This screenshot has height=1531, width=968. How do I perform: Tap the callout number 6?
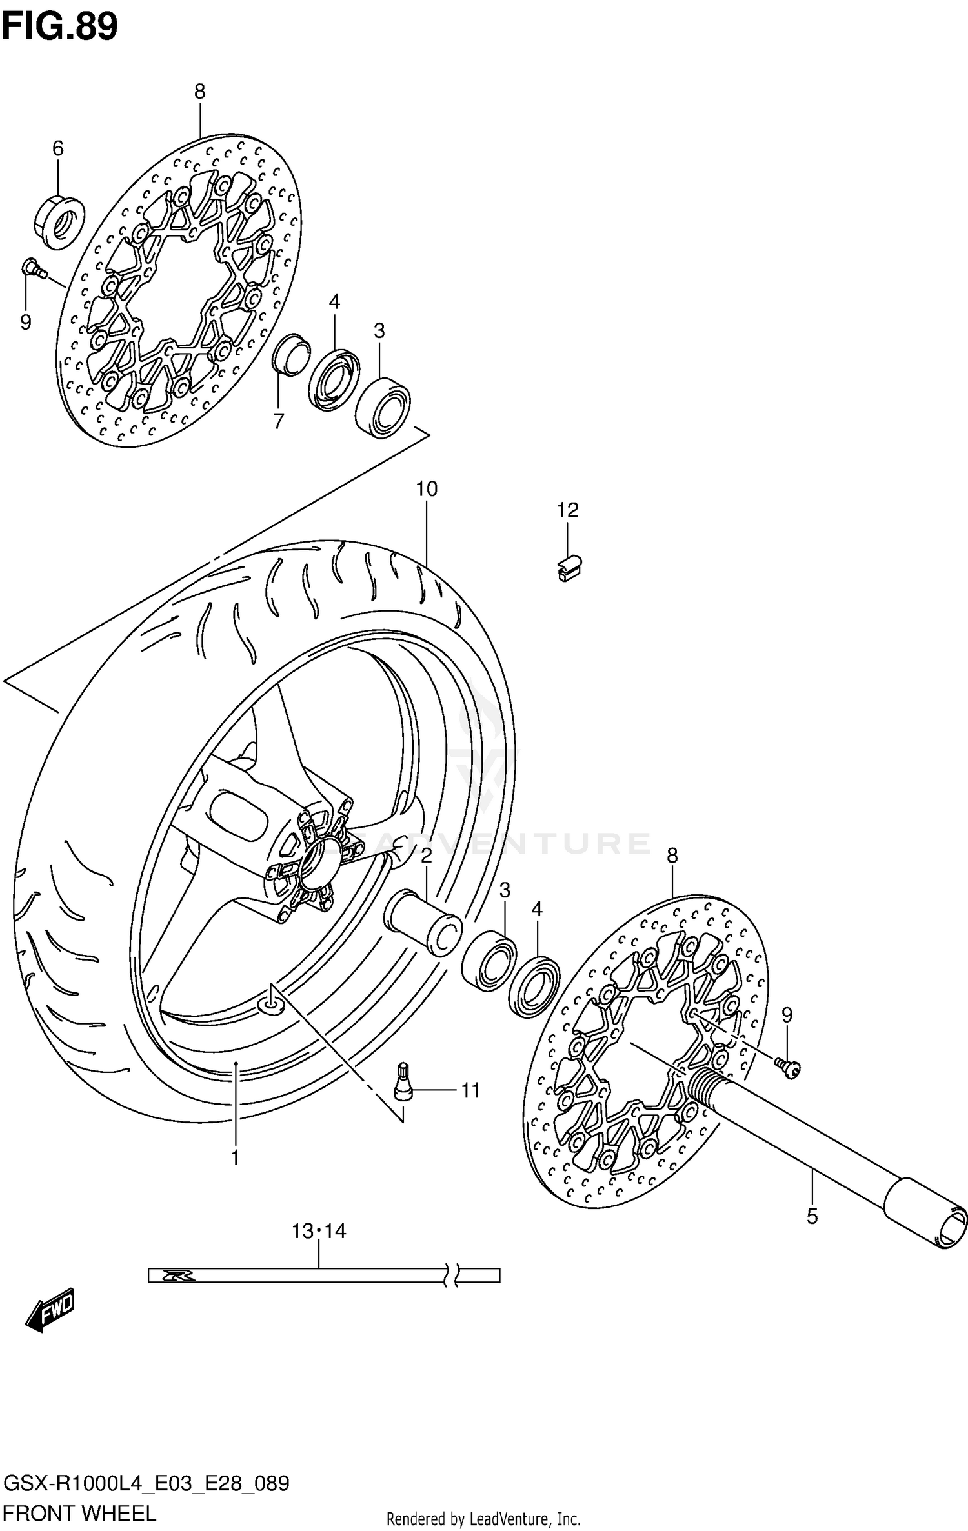coord(58,149)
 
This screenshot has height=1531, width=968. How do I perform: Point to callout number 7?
coord(278,421)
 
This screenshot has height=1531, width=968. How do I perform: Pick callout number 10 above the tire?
coord(427,489)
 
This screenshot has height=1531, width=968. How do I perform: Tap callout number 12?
coord(568,510)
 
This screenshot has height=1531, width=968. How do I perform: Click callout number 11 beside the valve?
coord(470,1091)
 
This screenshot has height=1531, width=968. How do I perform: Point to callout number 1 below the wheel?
coord(235,1176)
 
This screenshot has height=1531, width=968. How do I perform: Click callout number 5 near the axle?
coord(812,1216)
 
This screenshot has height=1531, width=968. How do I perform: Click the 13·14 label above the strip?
coord(319,1232)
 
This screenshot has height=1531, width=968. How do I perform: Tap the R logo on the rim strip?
coord(173,1276)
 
